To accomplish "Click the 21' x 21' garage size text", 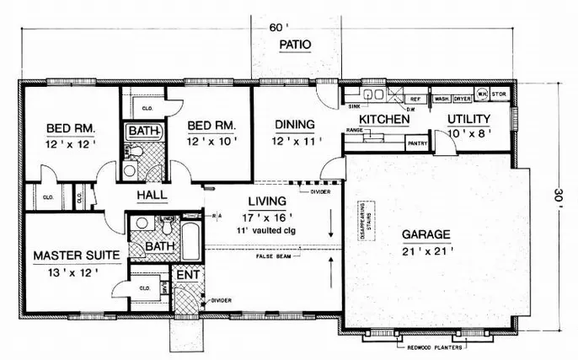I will (429, 250).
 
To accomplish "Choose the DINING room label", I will (294, 125).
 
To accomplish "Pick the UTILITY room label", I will (470, 120).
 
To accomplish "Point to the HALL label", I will (152, 195).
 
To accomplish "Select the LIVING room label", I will (267, 201).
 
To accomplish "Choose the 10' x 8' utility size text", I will (468, 134).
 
